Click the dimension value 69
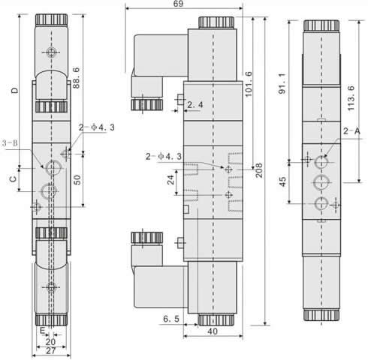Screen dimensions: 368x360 (x=178, y=4)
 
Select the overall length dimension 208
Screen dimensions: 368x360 (x=258, y=170)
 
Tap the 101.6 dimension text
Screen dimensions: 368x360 (x=249, y=84)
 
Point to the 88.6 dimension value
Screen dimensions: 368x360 (x=76, y=78)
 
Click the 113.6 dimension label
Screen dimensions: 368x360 (x=351, y=98)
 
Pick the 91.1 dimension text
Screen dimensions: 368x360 (x=282, y=84)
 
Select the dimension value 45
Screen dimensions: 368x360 (x=282, y=181)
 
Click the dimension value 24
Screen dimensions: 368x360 (x=170, y=179)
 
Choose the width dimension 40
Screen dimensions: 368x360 (x=213, y=331)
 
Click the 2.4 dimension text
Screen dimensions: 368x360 (x=195, y=105)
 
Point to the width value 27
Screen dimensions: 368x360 (x=51, y=351)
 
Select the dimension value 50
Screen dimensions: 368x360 (x=77, y=180)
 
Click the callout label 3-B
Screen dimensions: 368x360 (x=11, y=143)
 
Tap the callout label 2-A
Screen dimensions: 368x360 (x=351, y=130)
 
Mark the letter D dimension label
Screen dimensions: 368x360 (x=15, y=90)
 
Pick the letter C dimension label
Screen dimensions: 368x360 (x=13, y=179)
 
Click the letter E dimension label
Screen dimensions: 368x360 (x=43, y=331)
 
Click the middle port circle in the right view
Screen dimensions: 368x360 (x=321, y=183)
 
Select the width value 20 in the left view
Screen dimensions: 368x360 (x=51, y=341)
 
